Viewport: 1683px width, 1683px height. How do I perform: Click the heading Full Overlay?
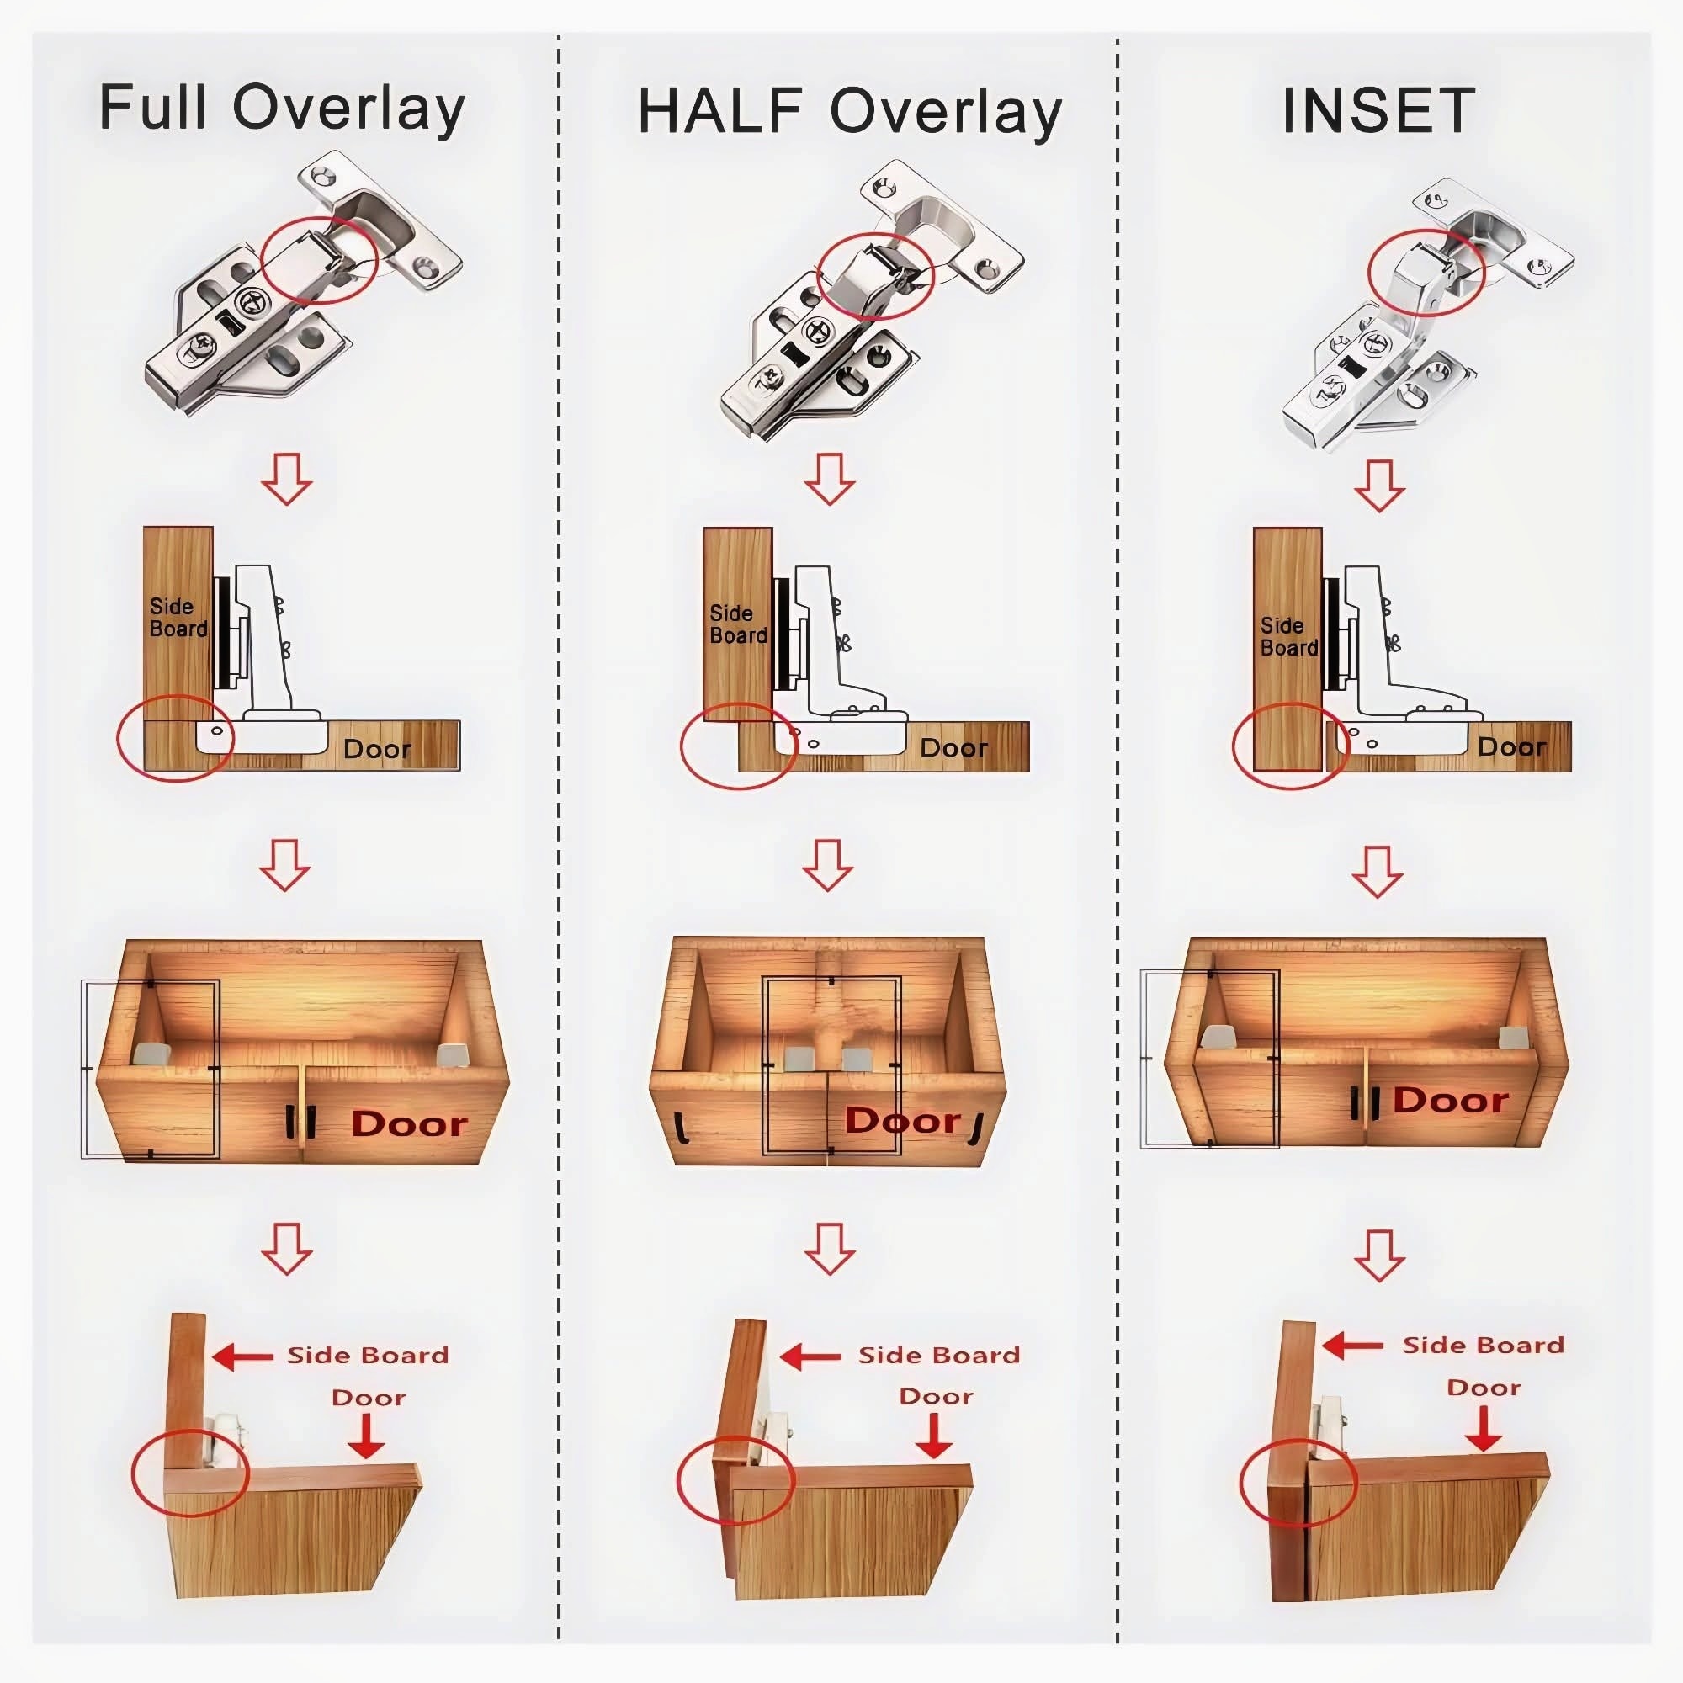coord(282,109)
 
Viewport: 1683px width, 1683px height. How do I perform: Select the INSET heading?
coord(1378,110)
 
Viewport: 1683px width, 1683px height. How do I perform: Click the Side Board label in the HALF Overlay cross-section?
coord(738,624)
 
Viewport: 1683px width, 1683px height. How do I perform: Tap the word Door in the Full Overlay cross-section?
coord(376,749)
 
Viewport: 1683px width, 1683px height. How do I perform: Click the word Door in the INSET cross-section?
coord(1511,746)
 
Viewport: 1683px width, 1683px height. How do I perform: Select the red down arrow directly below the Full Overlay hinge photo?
coord(287,478)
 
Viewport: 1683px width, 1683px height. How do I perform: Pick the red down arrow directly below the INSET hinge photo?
coord(1379,486)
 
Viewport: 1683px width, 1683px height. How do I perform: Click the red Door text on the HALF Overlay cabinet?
coord(902,1120)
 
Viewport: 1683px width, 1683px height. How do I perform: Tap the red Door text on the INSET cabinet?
coord(1451,1100)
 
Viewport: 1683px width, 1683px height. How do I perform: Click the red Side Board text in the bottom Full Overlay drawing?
coord(368,1356)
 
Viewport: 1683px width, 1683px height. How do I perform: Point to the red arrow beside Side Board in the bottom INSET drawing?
coord(1352,1346)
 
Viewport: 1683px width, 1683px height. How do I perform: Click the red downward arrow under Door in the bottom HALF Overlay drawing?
coord(934,1435)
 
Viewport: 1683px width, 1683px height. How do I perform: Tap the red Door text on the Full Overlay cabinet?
coord(410,1123)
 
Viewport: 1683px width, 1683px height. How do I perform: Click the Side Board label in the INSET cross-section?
coord(1288,637)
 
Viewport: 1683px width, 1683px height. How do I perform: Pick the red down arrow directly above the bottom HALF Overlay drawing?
coord(830,1249)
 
